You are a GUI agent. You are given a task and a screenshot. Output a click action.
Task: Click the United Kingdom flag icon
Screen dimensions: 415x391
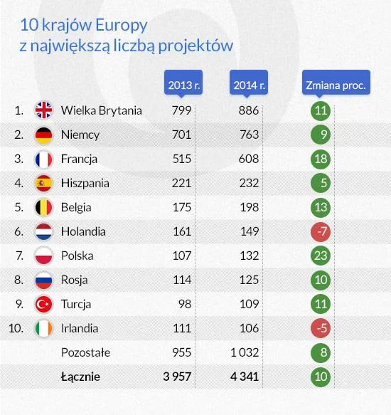tap(45, 110)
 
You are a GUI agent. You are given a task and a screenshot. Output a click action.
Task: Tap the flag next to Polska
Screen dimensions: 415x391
tap(45, 256)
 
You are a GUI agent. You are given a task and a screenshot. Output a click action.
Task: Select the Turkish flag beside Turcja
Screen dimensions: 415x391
tap(45, 304)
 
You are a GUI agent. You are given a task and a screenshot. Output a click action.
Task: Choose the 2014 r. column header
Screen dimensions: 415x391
tap(250, 85)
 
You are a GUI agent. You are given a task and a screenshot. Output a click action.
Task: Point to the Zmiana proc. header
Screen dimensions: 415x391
tap(336, 85)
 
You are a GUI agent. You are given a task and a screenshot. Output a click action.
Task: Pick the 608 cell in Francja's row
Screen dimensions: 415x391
tap(249, 159)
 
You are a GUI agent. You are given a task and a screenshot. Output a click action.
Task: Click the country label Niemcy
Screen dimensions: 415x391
tap(80, 135)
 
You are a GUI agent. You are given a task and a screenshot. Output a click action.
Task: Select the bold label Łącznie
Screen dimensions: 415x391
tap(81, 377)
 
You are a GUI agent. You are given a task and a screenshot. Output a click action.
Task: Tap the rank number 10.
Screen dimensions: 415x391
tap(17, 328)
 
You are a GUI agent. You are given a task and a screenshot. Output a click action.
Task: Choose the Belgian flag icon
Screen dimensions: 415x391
tap(45, 207)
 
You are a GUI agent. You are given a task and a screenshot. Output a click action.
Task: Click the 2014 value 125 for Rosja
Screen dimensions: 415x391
tap(249, 280)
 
